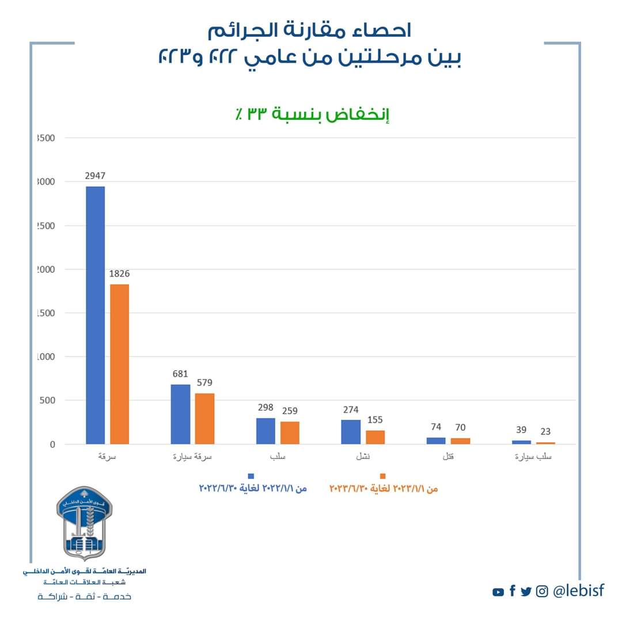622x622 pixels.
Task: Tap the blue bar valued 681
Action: point(180,414)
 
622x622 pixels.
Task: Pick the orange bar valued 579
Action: point(204,419)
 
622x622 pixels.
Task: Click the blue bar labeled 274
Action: point(351,432)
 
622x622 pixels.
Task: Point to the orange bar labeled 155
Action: point(375,437)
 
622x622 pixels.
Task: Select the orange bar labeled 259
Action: point(290,433)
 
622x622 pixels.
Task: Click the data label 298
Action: point(266,407)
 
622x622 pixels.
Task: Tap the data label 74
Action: point(436,427)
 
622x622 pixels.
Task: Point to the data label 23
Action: point(545,431)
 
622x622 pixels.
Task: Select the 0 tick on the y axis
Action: point(52,445)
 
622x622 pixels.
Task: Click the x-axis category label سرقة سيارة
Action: point(193,457)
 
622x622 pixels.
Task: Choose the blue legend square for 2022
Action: point(251,476)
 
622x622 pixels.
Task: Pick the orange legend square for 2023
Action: point(382,476)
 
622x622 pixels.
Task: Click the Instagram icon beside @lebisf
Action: point(542,591)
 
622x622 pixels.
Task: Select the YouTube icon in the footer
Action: point(498,592)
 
